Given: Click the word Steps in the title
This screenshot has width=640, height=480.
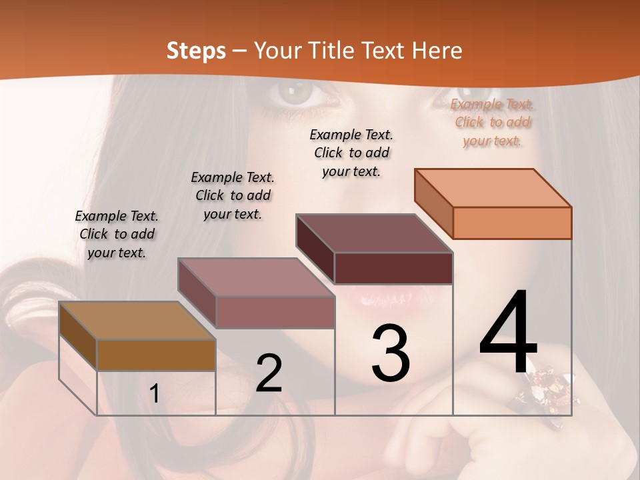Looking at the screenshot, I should [x=196, y=51].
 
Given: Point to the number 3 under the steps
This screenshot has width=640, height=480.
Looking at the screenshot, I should [x=390, y=353].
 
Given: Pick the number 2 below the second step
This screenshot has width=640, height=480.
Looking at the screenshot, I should [x=269, y=373].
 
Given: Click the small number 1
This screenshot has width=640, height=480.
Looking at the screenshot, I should [x=154, y=393].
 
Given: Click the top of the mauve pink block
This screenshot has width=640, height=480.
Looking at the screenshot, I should [x=256, y=277].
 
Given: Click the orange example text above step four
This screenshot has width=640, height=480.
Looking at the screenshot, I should [x=492, y=123].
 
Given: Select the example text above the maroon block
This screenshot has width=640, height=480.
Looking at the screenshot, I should [x=351, y=153].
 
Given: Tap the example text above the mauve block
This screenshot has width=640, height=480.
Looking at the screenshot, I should [x=233, y=195].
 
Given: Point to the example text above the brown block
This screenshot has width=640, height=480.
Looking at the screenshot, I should [x=117, y=234].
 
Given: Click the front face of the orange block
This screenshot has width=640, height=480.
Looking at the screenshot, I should [x=512, y=223].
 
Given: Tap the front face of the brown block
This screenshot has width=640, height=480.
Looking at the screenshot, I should [x=156, y=355].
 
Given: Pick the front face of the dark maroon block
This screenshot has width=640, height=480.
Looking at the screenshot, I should [x=393, y=268].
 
